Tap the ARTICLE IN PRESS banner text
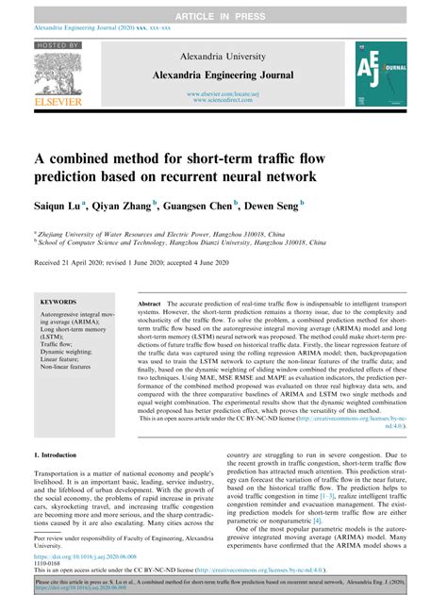(223, 8)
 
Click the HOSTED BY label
(58, 45)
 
